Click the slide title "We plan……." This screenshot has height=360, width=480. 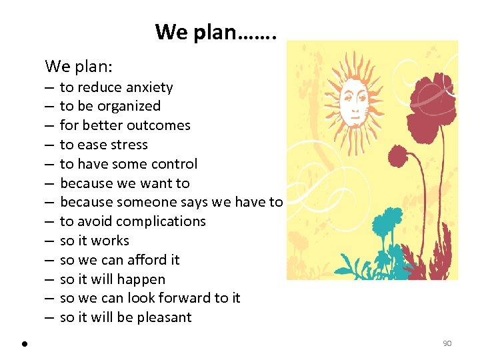click(215, 31)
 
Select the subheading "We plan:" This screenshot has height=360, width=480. click(79, 66)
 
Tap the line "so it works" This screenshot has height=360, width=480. click(94, 241)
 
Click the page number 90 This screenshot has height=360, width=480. click(447, 343)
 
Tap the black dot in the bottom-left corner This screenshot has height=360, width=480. click(23, 344)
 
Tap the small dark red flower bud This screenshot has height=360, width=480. click(397, 158)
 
